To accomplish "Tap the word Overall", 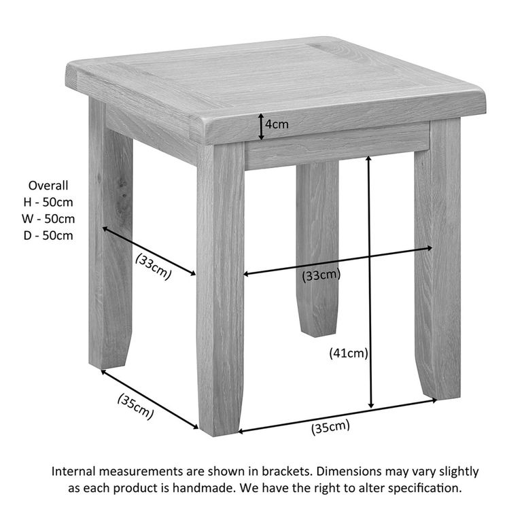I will click(48, 185).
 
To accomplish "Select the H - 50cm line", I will click(48, 202).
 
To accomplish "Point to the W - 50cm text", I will click(48, 219).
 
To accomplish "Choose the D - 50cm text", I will click(48, 236).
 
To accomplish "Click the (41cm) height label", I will click(348, 353).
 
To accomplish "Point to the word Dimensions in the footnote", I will click(347, 471).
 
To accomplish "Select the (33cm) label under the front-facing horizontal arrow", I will click(321, 275).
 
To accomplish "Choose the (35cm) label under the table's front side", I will click(330, 428).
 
